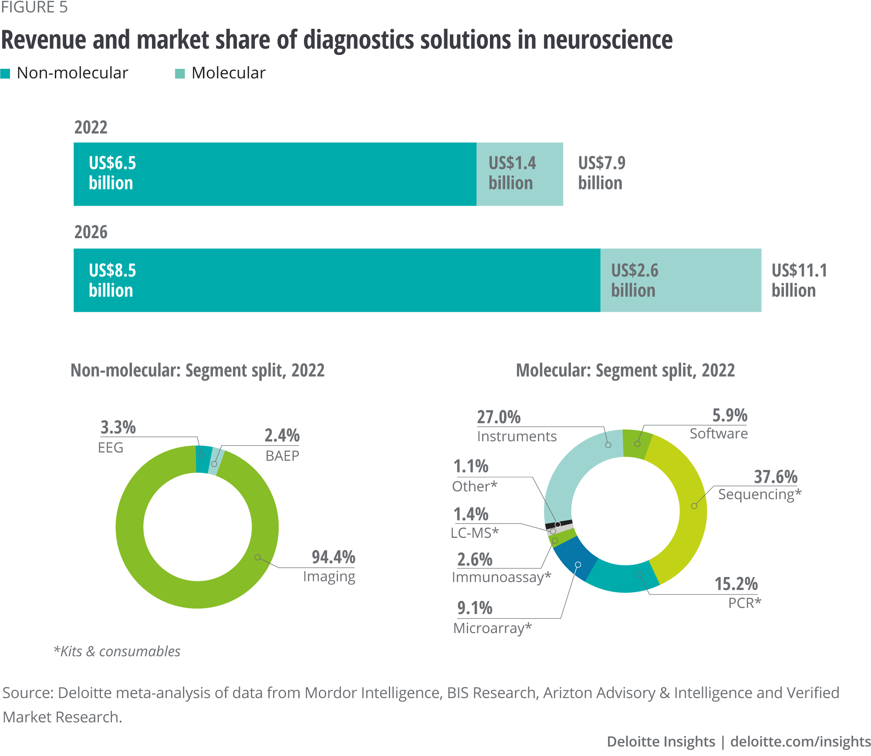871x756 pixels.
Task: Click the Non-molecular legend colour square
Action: [5, 74]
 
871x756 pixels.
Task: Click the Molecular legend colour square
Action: [180, 74]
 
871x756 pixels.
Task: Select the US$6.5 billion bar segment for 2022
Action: [274, 174]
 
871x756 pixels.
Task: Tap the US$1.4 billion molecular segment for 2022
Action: [520, 174]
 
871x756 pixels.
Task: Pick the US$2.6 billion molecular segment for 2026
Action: [680, 280]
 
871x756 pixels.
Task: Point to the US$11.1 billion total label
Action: [799, 280]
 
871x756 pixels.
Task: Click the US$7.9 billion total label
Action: [601, 173]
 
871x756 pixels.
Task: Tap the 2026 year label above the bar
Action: [91, 232]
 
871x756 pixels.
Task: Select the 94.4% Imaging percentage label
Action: [333, 557]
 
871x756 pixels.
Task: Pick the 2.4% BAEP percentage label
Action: [282, 435]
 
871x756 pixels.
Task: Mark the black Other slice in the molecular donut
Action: [558, 524]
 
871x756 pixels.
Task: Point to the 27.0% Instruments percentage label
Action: [499, 417]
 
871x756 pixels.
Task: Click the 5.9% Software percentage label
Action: [729, 415]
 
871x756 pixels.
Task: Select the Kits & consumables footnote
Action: [117, 651]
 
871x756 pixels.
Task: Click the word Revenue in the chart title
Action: [44, 40]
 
